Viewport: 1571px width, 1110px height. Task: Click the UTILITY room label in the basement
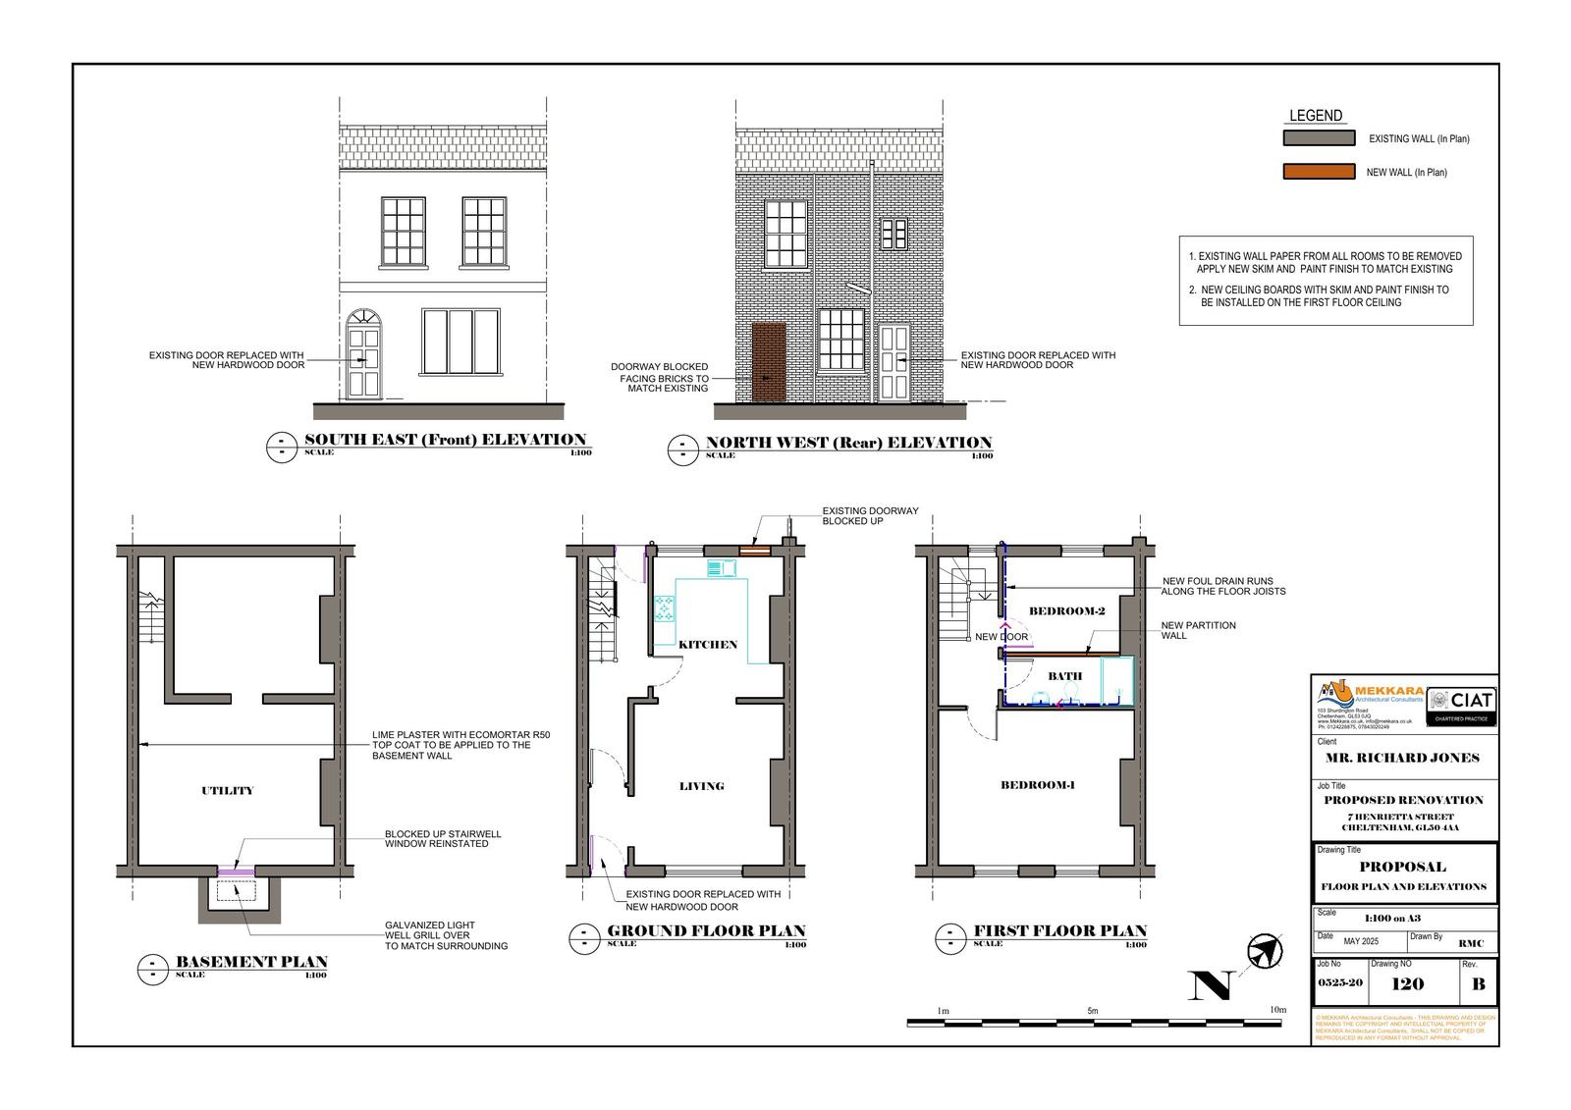point(227,790)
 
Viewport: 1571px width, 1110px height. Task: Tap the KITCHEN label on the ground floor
point(708,645)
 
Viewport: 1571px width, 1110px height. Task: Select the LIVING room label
point(701,786)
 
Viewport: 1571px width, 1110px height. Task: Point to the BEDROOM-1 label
point(1038,785)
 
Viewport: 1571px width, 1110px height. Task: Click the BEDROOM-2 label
point(1066,611)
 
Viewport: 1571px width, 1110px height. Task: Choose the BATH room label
point(1064,676)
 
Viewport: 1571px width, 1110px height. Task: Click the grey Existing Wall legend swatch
point(1319,138)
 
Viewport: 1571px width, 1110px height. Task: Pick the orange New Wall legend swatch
point(1319,172)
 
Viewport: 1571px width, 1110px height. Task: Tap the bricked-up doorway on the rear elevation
point(768,361)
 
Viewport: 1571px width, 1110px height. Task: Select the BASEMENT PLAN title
point(251,962)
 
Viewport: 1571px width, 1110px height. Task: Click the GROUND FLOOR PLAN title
point(706,930)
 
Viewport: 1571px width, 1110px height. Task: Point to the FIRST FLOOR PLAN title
point(1059,930)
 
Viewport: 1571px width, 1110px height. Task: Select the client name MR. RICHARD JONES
point(1402,758)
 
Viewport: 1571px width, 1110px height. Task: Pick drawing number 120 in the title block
point(1408,984)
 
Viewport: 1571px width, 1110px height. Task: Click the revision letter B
point(1479,984)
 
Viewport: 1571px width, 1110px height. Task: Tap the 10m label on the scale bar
point(1276,1010)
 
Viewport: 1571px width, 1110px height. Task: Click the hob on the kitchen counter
point(665,608)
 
